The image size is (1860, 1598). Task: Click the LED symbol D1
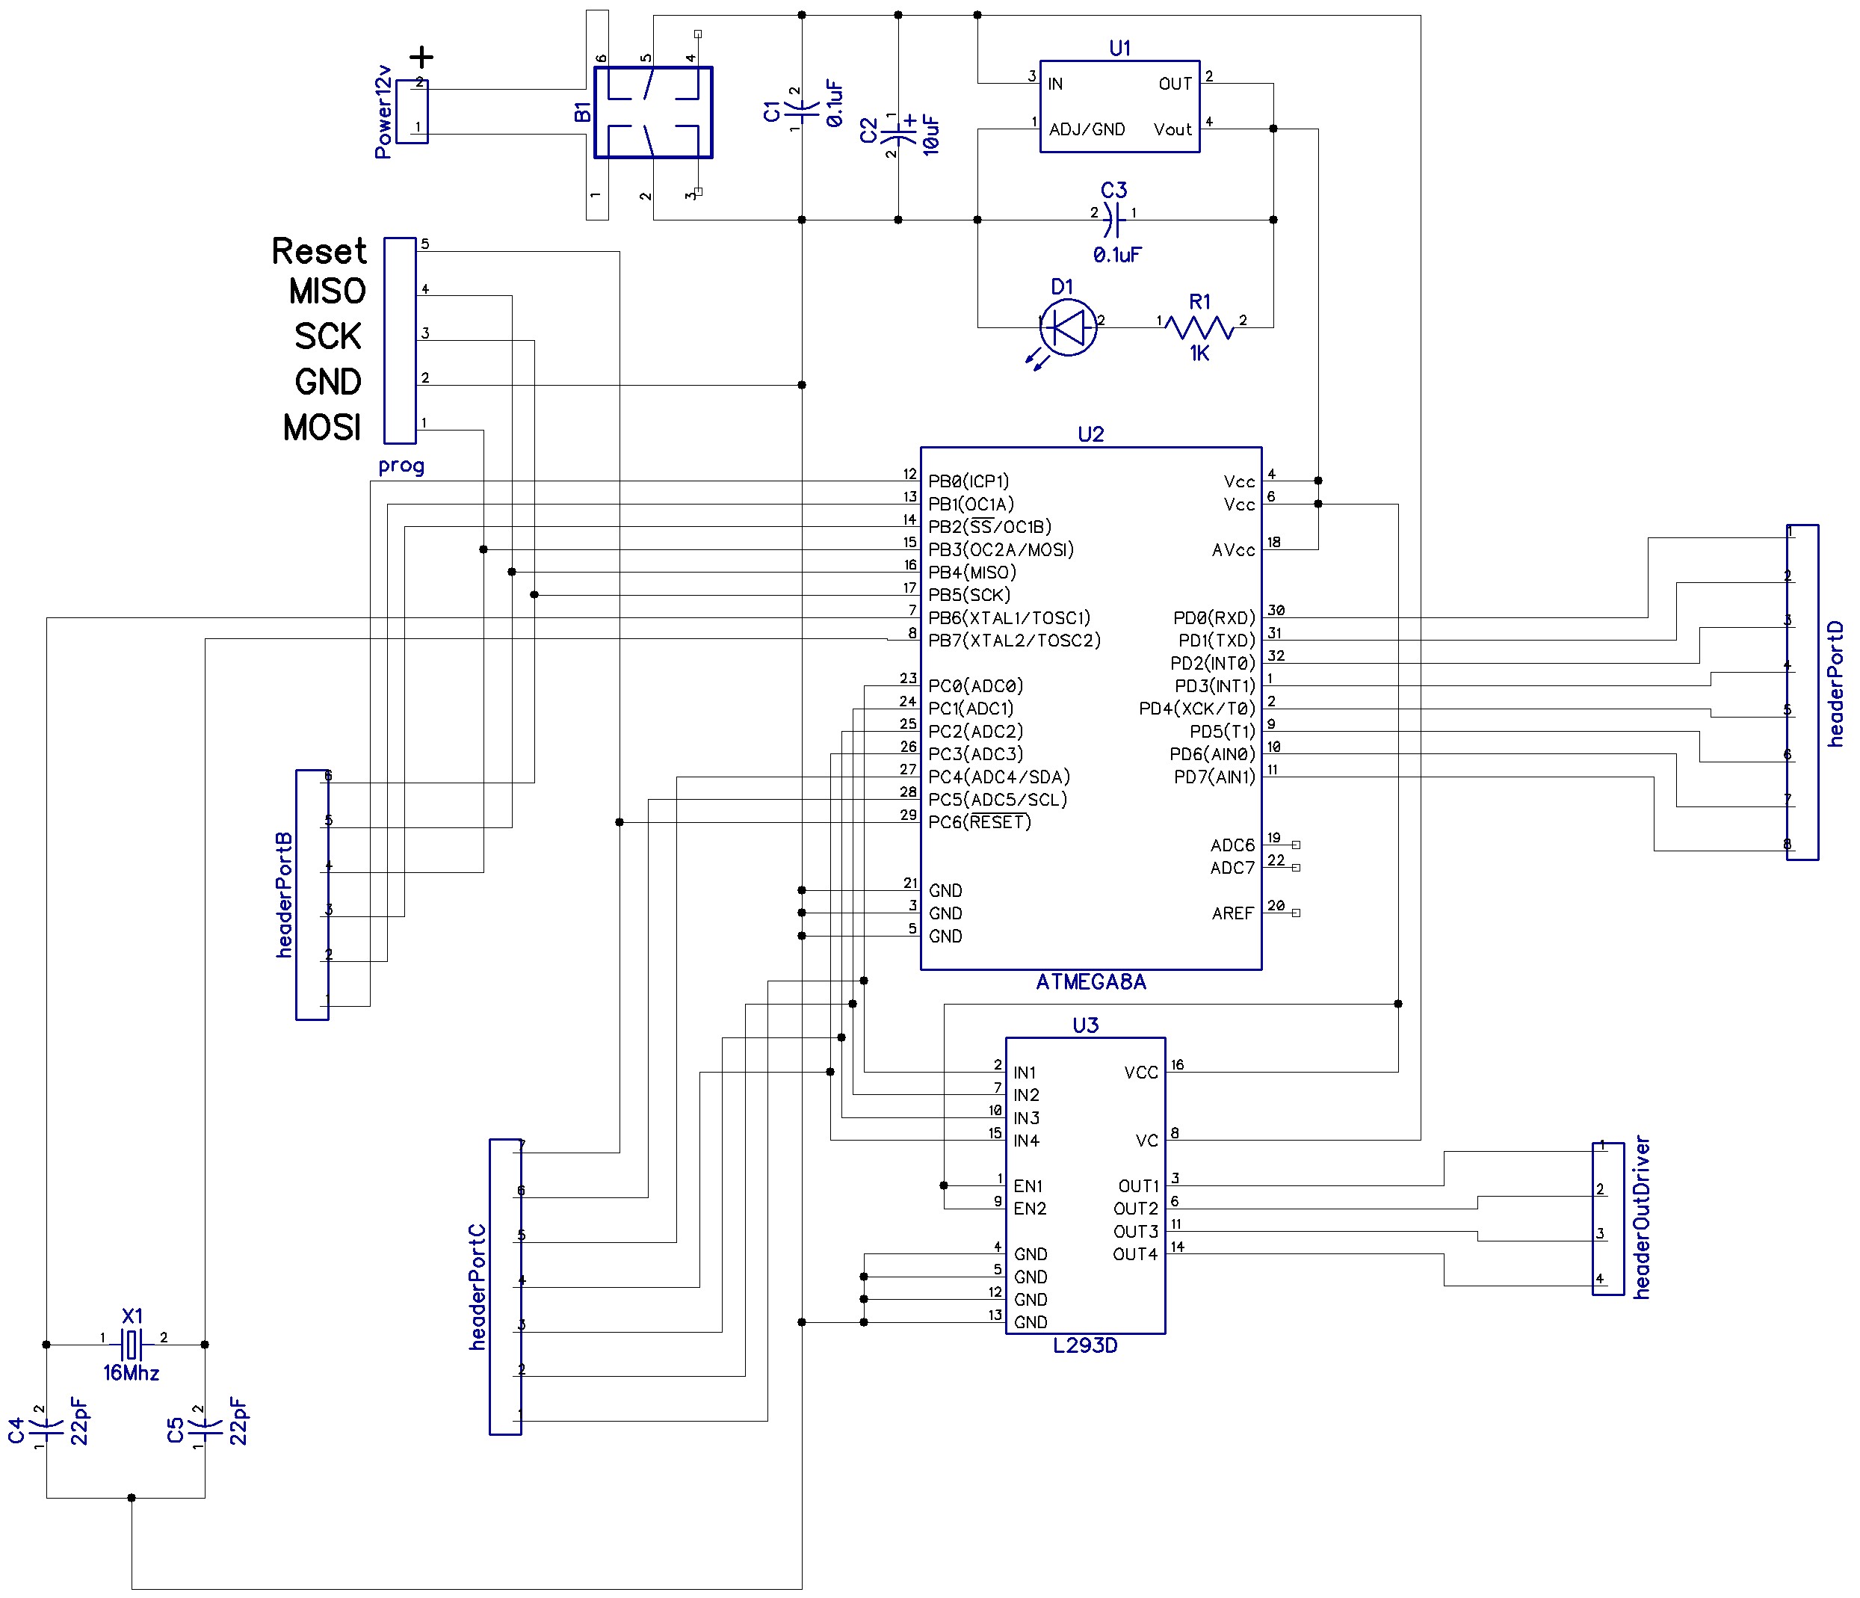(1068, 327)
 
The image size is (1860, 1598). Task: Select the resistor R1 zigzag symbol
(1199, 327)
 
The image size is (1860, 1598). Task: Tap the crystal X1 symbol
(132, 1344)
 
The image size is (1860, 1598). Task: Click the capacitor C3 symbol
(1113, 218)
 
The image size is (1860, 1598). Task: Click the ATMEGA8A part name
(1091, 982)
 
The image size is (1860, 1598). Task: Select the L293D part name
(1084, 1345)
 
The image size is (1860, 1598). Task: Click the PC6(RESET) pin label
(980, 822)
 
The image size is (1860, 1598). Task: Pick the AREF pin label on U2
(1232, 913)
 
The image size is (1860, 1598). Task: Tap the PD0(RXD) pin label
(1214, 617)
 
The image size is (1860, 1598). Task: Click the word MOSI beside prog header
(322, 428)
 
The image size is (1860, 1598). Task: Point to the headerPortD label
(1836, 683)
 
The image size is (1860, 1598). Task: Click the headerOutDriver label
(1642, 1218)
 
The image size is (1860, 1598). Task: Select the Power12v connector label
(383, 112)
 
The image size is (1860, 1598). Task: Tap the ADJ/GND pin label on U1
(1087, 129)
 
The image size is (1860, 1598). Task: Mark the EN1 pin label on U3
(1028, 1186)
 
